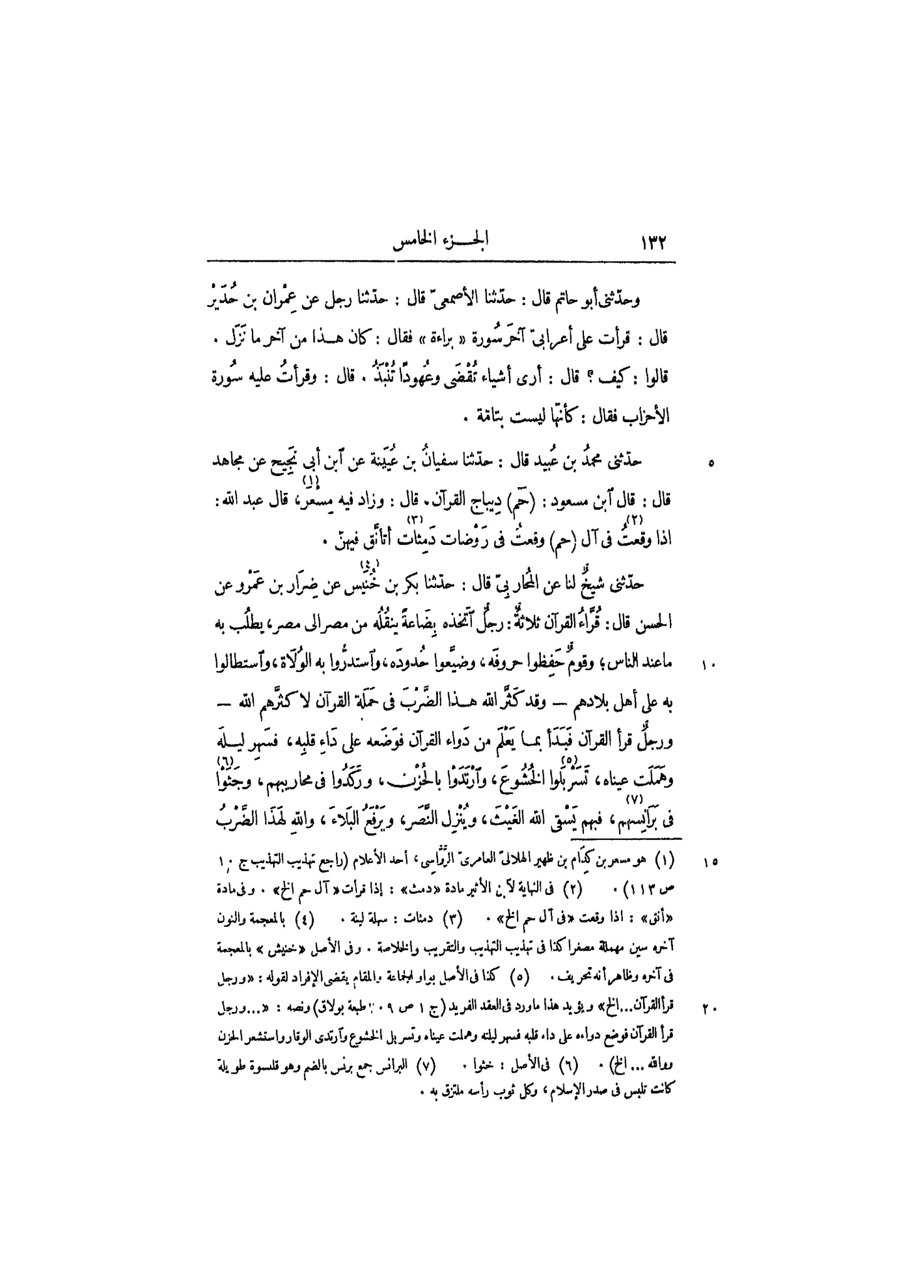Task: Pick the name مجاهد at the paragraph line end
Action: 228,463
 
